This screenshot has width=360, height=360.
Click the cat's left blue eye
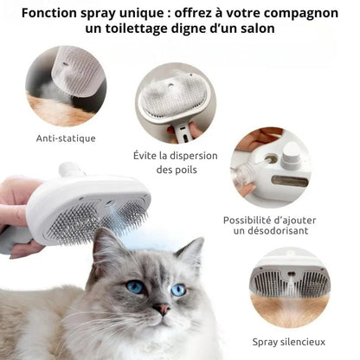pyautogui.click(x=136, y=286)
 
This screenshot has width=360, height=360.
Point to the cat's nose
pyautogui.click(x=162, y=308)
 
